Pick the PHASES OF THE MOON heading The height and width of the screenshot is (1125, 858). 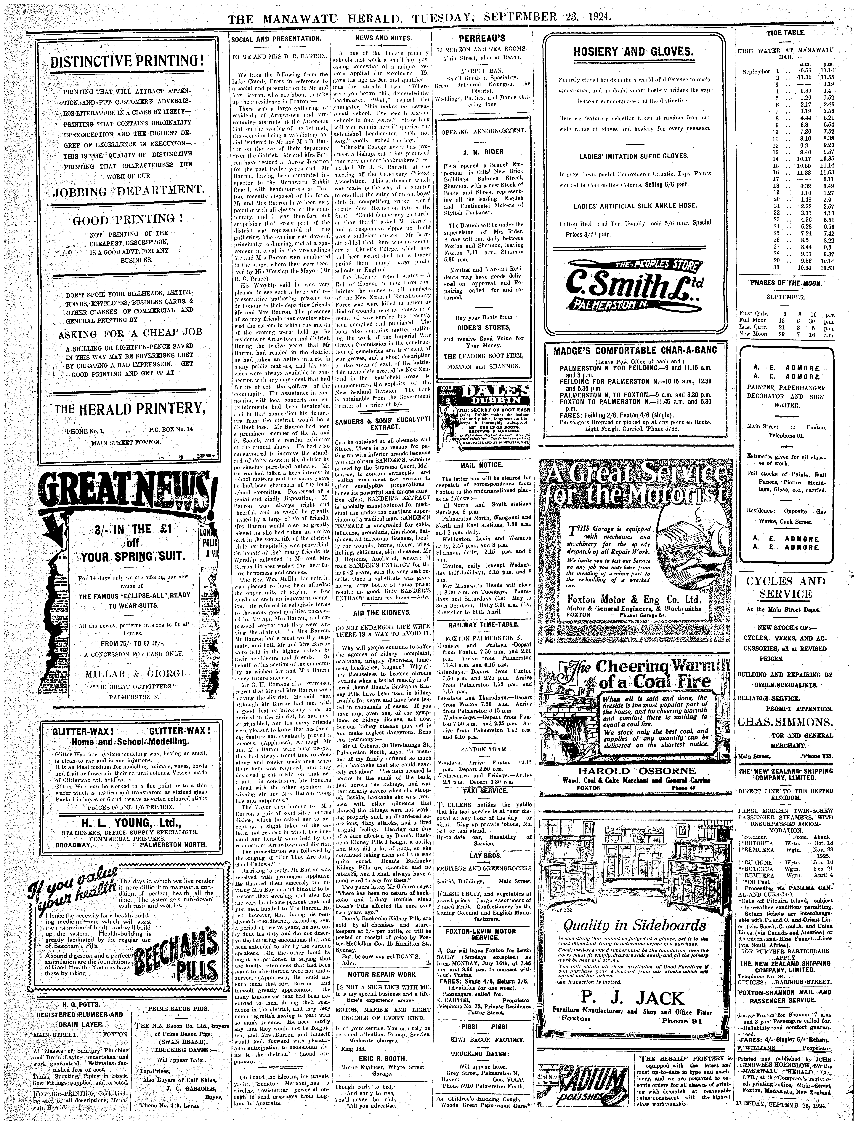(x=785, y=283)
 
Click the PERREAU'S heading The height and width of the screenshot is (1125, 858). (x=482, y=38)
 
